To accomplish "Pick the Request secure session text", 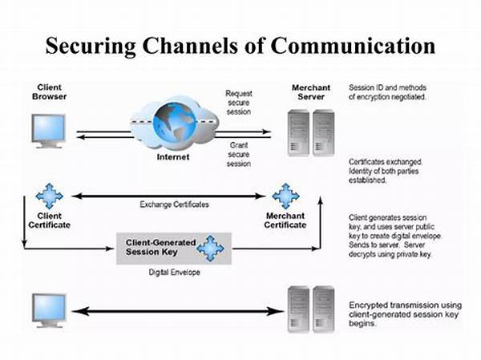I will pyautogui.click(x=238, y=103).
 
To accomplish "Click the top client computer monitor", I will pyautogui.click(x=49, y=130).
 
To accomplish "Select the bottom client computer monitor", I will pyautogui.click(x=49, y=308).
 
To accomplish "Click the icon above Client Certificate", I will pyautogui.click(x=49, y=196).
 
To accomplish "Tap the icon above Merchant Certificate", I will pyautogui.click(x=285, y=196).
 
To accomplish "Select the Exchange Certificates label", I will pyautogui.click(x=174, y=204).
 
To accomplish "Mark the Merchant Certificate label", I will pyautogui.click(x=285, y=220).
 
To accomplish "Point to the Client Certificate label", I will pyautogui.click(x=49, y=220).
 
